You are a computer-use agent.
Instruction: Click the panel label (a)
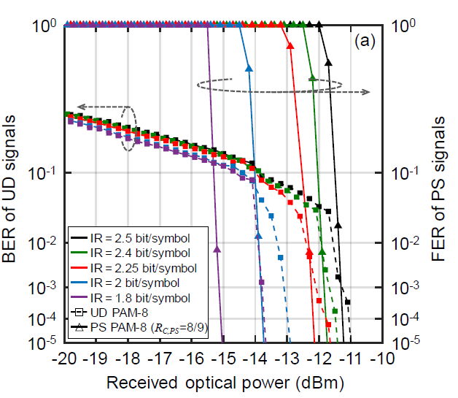[365, 42]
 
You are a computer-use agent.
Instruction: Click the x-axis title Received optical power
[224, 382]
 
